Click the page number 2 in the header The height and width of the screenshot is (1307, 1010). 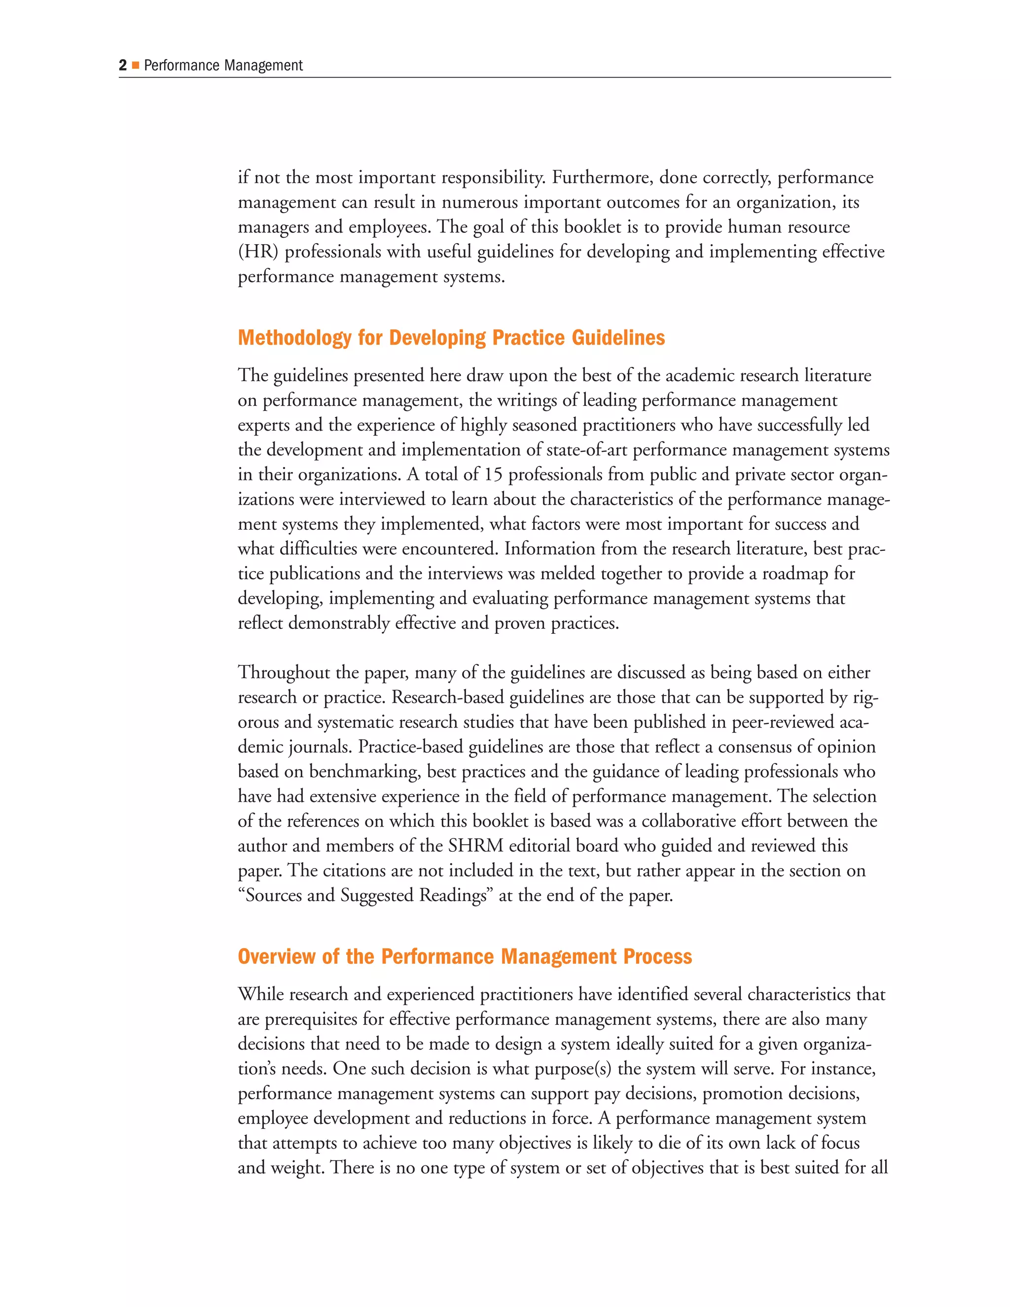click(x=123, y=65)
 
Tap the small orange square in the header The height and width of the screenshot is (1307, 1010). click(x=136, y=65)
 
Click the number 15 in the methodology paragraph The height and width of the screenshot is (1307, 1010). click(x=493, y=474)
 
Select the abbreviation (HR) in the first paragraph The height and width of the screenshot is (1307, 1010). click(x=258, y=252)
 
